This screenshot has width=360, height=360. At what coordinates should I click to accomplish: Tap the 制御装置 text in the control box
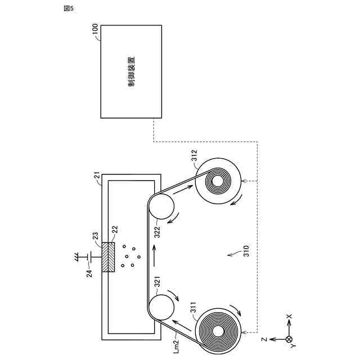pos(131,71)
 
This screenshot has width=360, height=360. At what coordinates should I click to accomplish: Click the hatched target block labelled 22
pos(109,256)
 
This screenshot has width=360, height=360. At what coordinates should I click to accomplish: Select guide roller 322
pos(161,207)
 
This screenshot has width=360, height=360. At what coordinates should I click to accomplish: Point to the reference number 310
pos(245,251)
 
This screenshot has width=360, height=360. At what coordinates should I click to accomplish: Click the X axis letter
pos(289,318)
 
